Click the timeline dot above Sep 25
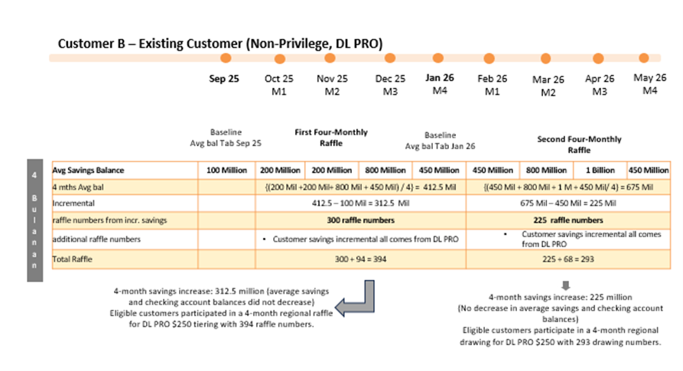click(225, 58)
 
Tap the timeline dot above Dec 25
click(390, 58)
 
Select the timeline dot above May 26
click(644, 58)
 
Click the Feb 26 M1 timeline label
click(493, 85)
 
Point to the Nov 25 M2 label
click(332, 85)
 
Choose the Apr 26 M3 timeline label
click(600, 85)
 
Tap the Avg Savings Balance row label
click(88, 170)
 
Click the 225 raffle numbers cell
click(568, 220)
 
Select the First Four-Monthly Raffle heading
click(331, 137)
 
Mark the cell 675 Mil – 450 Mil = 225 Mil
click(568, 204)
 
